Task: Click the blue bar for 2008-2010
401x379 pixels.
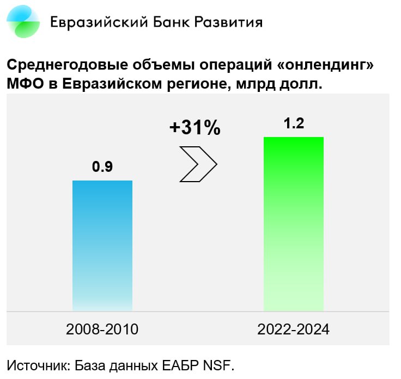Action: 102,245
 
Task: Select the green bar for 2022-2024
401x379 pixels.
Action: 294,223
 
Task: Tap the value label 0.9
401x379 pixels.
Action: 102,167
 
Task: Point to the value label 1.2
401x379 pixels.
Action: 294,123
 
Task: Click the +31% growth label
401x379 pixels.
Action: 195,128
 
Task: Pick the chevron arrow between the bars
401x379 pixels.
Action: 198,163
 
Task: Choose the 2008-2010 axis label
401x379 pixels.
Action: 102,330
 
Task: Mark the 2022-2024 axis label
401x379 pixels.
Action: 294,330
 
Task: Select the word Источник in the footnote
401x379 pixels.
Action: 37,365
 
